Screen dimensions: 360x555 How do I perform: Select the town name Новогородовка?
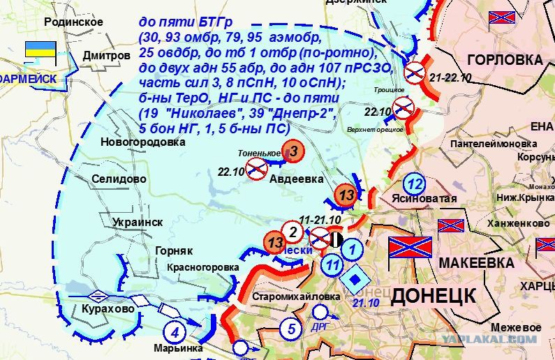[143, 142]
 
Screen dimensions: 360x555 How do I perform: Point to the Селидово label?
[119, 179]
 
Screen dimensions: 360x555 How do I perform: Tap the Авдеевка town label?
[297, 179]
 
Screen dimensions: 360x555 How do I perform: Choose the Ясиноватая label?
[424, 199]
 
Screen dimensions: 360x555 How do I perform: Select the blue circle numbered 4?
[175, 332]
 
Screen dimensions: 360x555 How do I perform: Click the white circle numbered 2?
[293, 232]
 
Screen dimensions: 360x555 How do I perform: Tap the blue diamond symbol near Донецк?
[356, 280]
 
